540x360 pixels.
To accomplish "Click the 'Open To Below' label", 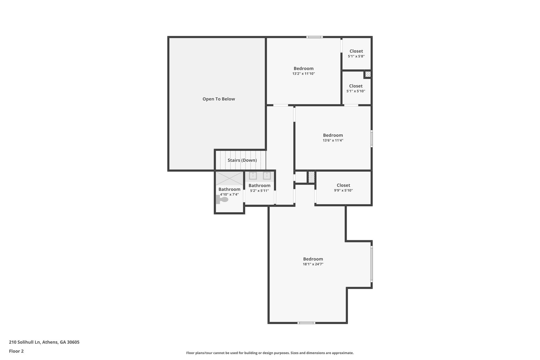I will pyautogui.click(x=219, y=99).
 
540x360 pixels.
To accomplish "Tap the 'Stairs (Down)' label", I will pyautogui.click(x=242, y=160).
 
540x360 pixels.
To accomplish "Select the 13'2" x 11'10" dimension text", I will pyautogui.click(x=303, y=74).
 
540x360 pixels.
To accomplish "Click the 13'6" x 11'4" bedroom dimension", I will pyautogui.click(x=333, y=141).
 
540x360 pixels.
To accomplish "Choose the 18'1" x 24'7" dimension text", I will pyautogui.click(x=313, y=264).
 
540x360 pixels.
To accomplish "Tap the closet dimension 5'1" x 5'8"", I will pyautogui.click(x=356, y=56).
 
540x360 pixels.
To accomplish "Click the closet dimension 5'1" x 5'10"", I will pyautogui.click(x=356, y=91).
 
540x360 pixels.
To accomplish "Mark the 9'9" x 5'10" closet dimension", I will pyautogui.click(x=343, y=190).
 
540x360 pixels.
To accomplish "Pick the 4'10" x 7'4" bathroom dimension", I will pyautogui.click(x=229, y=195).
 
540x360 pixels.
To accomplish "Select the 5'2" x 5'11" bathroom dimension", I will pyautogui.click(x=259, y=191).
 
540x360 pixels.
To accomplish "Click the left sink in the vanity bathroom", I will pyautogui.click(x=253, y=176).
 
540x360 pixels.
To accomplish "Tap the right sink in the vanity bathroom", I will pyautogui.click(x=267, y=176).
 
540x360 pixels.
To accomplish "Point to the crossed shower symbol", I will pyautogui.click(x=229, y=178).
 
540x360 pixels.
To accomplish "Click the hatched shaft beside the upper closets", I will pyautogui.click(x=368, y=74).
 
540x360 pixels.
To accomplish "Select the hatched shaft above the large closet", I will pyautogui.click(x=311, y=177).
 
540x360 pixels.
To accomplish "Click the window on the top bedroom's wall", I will pyautogui.click(x=315, y=37).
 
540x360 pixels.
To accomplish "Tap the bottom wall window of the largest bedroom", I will pyautogui.click(x=306, y=323).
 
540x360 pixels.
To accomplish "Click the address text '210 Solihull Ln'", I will pyautogui.click(x=25, y=342).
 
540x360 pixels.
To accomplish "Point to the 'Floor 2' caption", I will pyautogui.click(x=16, y=351).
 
